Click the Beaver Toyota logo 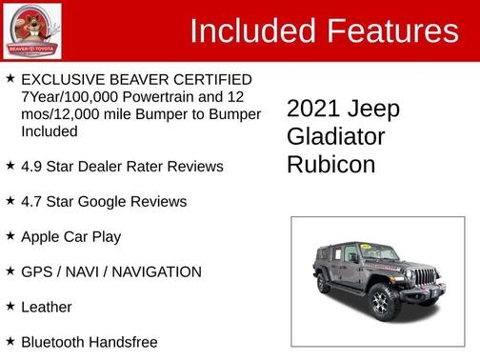pyautogui.click(x=33, y=30)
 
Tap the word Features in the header pyautogui.click(x=392, y=31)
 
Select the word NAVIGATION pyautogui.click(x=154, y=271)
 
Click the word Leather pyautogui.click(x=47, y=307)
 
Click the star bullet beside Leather pyautogui.click(x=10, y=307)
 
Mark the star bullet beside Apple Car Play pyautogui.click(x=10, y=236)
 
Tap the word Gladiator pyautogui.click(x=336, y=137)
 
